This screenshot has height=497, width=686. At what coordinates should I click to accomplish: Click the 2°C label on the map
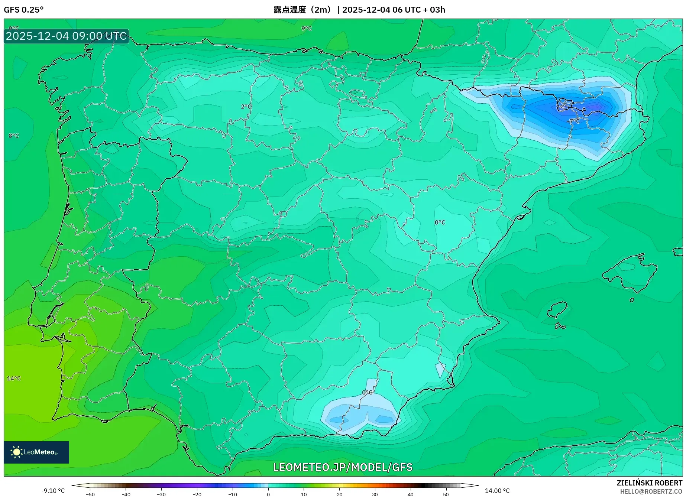[x=246, y=107]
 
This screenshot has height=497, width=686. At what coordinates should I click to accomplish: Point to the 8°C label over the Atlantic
[x=14, y=136]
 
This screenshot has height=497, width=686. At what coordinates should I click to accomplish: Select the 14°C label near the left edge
[x=14, y=379]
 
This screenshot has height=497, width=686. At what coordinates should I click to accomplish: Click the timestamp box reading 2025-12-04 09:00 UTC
[x=67, y=36]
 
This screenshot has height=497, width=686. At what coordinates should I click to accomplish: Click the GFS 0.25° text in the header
[x=24, y=10]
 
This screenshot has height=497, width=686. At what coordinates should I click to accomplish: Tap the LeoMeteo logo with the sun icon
[x=36, y=452]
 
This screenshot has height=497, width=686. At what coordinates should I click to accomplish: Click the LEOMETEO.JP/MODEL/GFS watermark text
[x=343, y=467]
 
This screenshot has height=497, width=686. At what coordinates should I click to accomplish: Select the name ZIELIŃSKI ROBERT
[x=650, y=483]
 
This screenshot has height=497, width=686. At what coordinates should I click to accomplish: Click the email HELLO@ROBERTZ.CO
[x=651, y=491]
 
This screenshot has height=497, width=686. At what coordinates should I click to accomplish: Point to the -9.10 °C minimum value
[x=53, y=491]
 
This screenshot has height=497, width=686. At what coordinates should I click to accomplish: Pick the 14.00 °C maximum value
[x=497, y=491]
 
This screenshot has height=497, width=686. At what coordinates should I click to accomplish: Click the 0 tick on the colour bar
[x=268, y=494]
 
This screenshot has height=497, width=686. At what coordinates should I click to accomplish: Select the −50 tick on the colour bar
[x=90, y=494]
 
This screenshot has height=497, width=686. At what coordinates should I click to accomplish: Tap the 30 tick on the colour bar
[x=375, y=494]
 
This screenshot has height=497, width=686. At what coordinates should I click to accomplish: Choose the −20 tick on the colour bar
[x=197, y=494]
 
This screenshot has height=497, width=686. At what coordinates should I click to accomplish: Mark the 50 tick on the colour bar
[x=446, y=494]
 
